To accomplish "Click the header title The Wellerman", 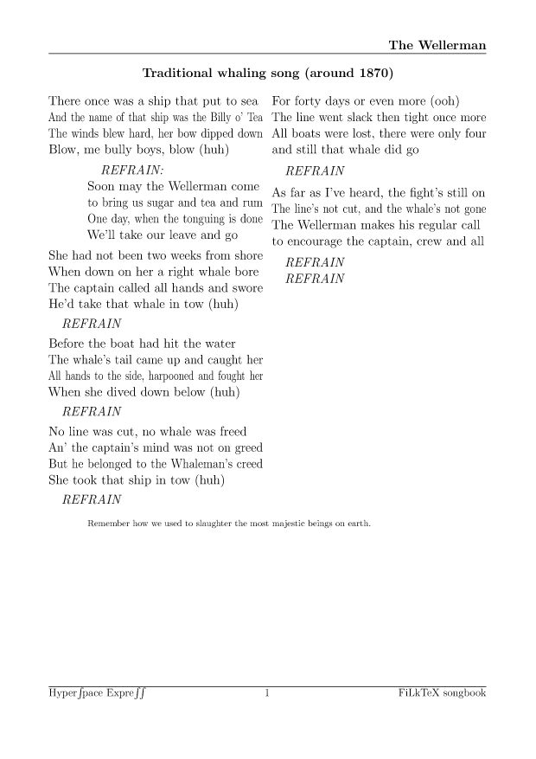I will tap(437, 45).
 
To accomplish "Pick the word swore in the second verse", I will tap(244, 288).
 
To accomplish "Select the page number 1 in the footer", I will tap(267, 692).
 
